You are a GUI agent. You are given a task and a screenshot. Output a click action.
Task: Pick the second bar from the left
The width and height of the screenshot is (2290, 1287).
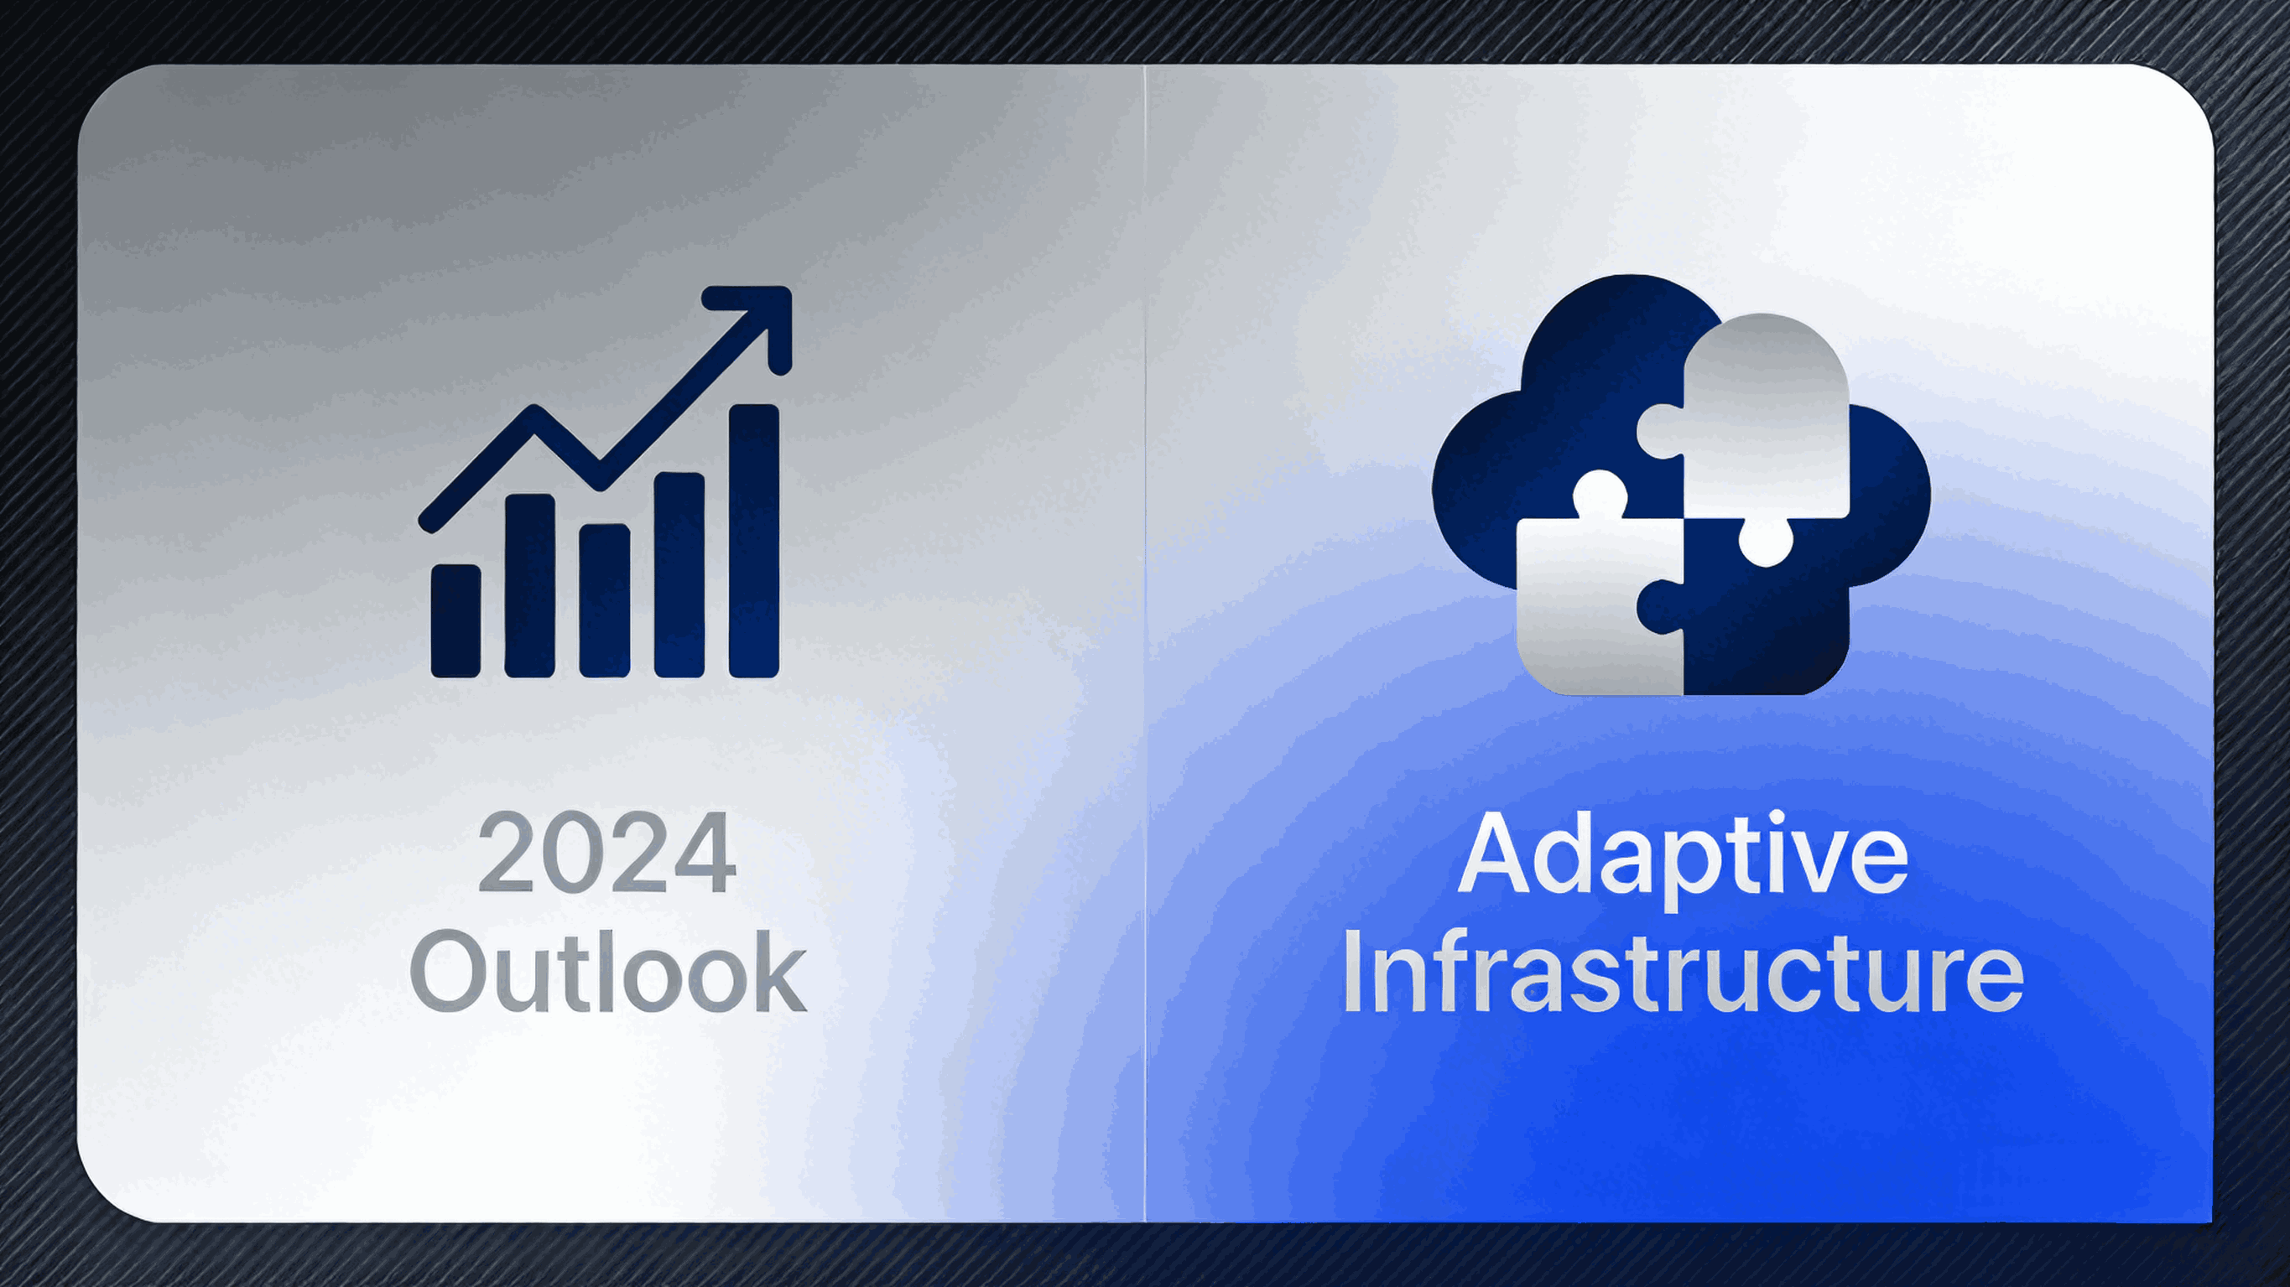click(x=530, y=587)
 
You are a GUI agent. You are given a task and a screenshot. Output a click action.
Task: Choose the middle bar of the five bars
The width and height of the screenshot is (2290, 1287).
click(x=605, y=601)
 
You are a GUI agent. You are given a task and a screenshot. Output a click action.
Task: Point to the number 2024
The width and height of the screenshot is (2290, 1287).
click(x=606, y=854)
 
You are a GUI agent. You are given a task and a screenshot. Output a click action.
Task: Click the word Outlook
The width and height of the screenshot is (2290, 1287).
click(x=608, y=971)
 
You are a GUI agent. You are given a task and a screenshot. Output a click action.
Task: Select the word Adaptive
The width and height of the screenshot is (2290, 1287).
click(x=1682, y=855)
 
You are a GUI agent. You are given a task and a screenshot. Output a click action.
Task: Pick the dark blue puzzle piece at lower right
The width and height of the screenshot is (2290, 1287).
click(x=1766, y=622)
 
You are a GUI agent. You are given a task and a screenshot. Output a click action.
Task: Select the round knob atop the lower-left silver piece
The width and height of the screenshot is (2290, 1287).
click(x=1600, y=494)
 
